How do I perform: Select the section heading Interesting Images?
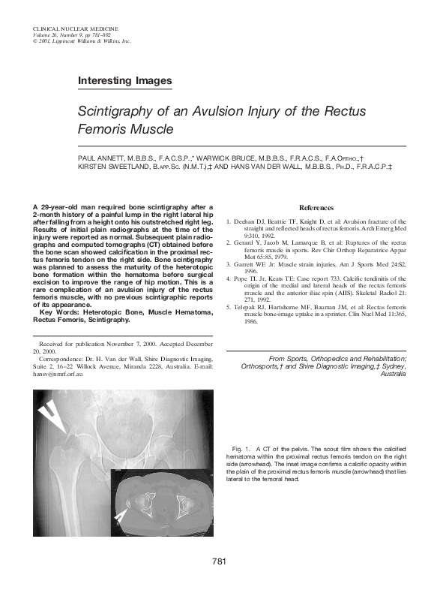click(125, 80)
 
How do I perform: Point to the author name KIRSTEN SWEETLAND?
click(109, 168)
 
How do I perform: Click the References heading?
click(316, 208)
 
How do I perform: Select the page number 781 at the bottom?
click(220, 561)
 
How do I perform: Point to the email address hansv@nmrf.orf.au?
click(58, 373)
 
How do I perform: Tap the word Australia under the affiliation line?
click(394, 374)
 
